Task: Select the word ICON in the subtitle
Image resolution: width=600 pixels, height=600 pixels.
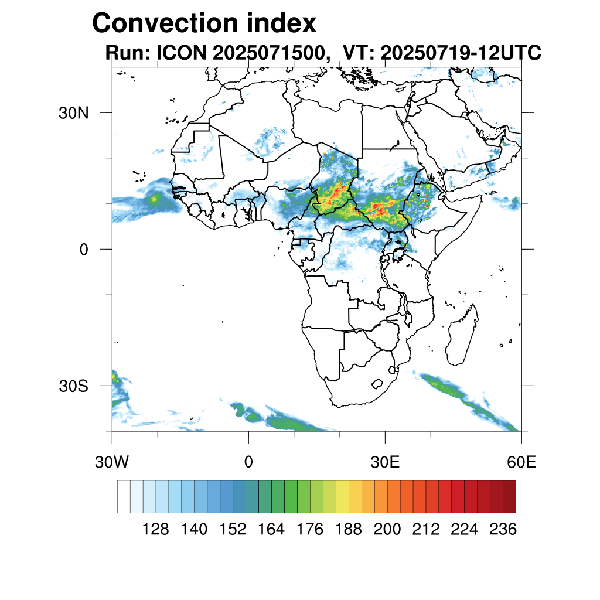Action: click(179, 53)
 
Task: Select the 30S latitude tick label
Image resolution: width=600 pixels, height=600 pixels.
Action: click(74, 386)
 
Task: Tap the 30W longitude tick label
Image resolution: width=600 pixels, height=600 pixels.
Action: click(111, 462)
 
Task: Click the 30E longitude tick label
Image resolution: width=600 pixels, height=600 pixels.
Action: click(385, 462)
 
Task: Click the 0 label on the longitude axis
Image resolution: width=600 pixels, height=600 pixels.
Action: click(248, 462)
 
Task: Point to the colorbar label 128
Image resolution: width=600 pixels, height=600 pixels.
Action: click(156, 530)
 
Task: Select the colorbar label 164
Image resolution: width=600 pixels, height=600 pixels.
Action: click(271, 530)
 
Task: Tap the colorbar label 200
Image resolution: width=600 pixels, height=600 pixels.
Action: click(387, 530)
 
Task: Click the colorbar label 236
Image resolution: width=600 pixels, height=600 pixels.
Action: click(503, 530)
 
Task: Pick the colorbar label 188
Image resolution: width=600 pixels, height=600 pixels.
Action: click(349, 530)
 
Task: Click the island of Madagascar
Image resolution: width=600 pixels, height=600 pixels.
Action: click(459, 338)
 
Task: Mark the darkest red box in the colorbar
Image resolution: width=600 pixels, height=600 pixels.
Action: click(509, 496)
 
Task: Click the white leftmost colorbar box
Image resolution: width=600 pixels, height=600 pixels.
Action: click(124, 496)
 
